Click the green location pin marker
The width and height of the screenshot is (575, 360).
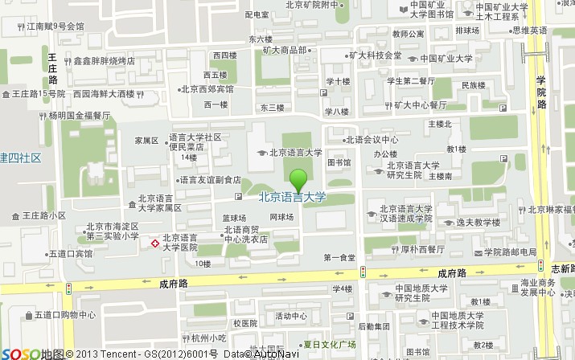click(298, 178)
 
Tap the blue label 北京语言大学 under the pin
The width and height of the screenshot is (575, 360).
click(293, 196)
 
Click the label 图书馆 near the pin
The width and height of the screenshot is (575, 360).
click(339, 162)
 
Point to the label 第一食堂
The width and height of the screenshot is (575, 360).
click(339, 257)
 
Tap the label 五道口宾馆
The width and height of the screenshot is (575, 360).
click(70, 253)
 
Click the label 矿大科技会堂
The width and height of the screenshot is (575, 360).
click(375, 55)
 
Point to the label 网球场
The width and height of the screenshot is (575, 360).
click(281, 217)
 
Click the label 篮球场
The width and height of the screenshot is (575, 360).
click(234, 217)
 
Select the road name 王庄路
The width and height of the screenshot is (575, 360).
click(52, 68)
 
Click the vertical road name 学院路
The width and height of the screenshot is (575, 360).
click(541, 92)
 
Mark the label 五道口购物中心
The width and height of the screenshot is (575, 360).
click(65, 315)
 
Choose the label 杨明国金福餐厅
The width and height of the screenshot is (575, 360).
click(79, 115)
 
